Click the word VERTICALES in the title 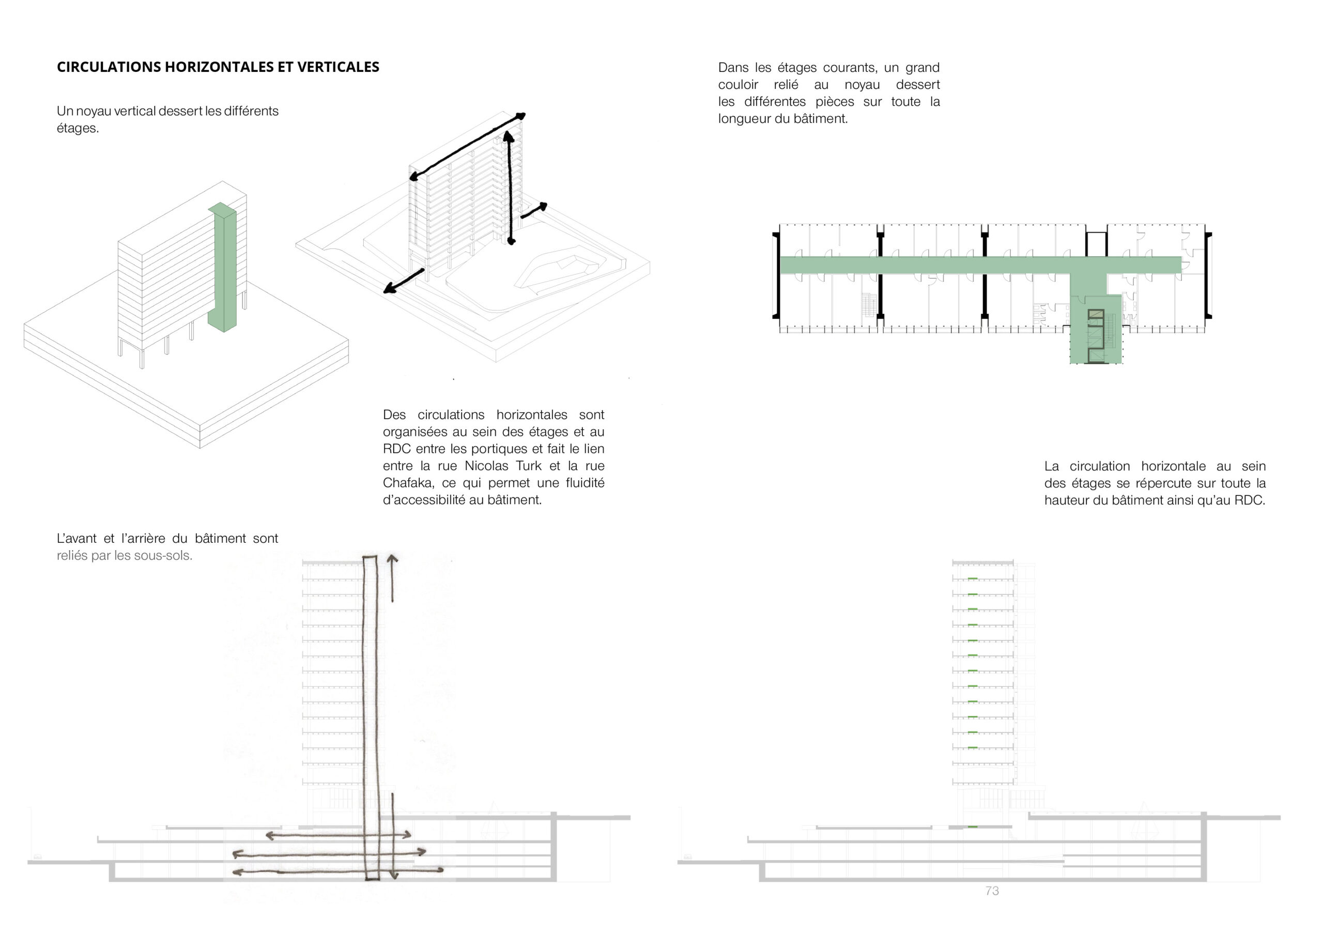coord(338,67)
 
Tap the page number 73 coord(992,890)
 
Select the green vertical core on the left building coord(222,268)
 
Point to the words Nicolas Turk coord(503,465)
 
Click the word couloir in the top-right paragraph coord(739,85)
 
